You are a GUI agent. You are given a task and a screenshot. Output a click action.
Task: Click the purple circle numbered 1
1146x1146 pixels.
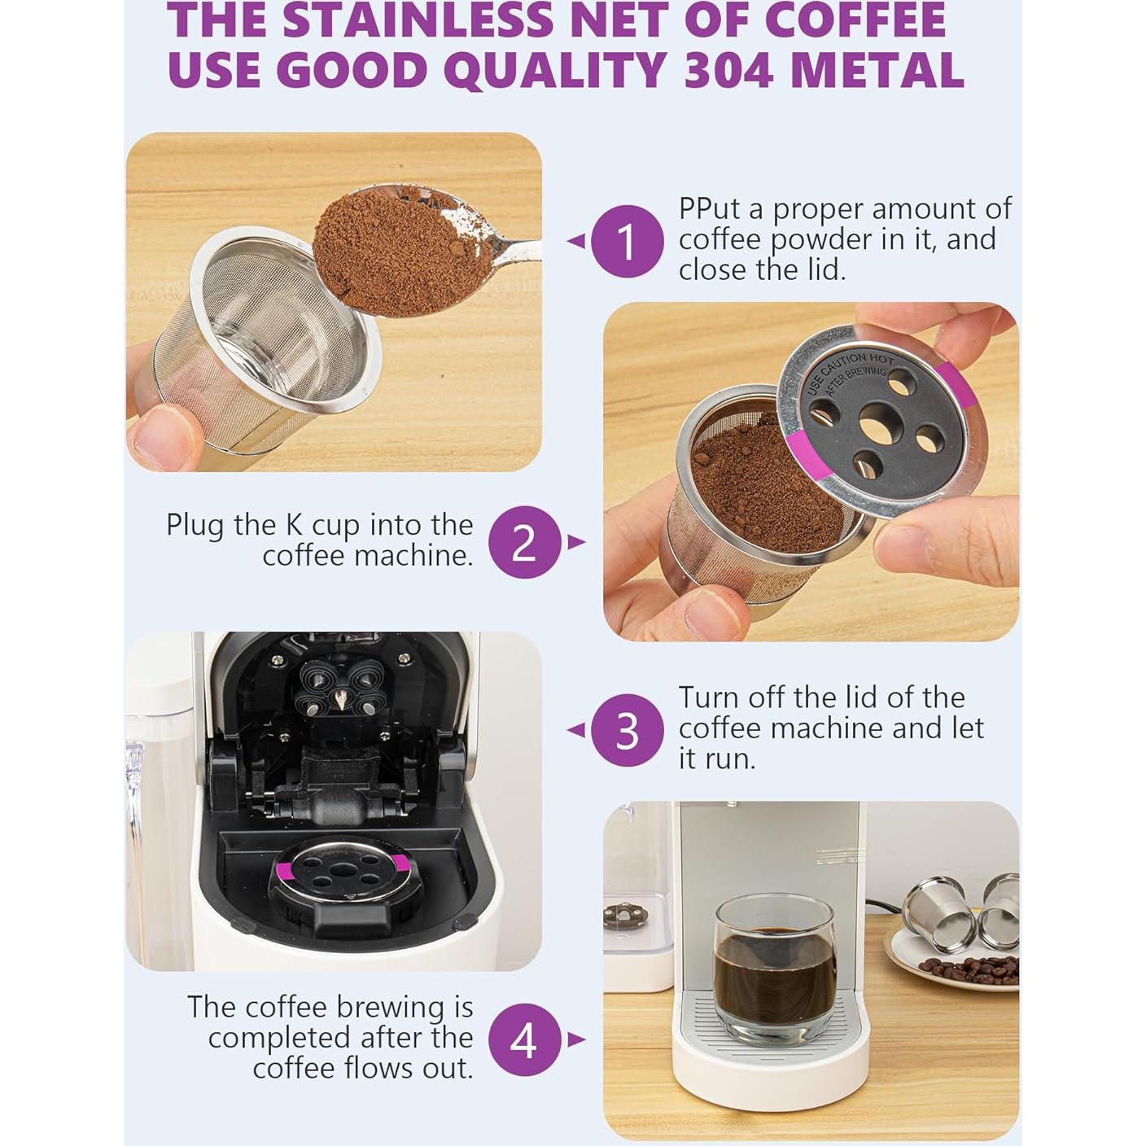pyautogui.click(x=626, y=242)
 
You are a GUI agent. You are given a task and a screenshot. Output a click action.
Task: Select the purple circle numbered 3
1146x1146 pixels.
pyautogui.click(x=626, y=730)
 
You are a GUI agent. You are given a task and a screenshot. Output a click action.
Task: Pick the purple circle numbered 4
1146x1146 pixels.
pyautogui.click(x=525, y=1039)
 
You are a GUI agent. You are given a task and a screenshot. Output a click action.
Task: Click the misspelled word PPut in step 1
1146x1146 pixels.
pyautogui.click(x=710, y=209)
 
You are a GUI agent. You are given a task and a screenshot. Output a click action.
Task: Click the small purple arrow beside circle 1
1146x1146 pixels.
pyautogui.click(x=576, y=242)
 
